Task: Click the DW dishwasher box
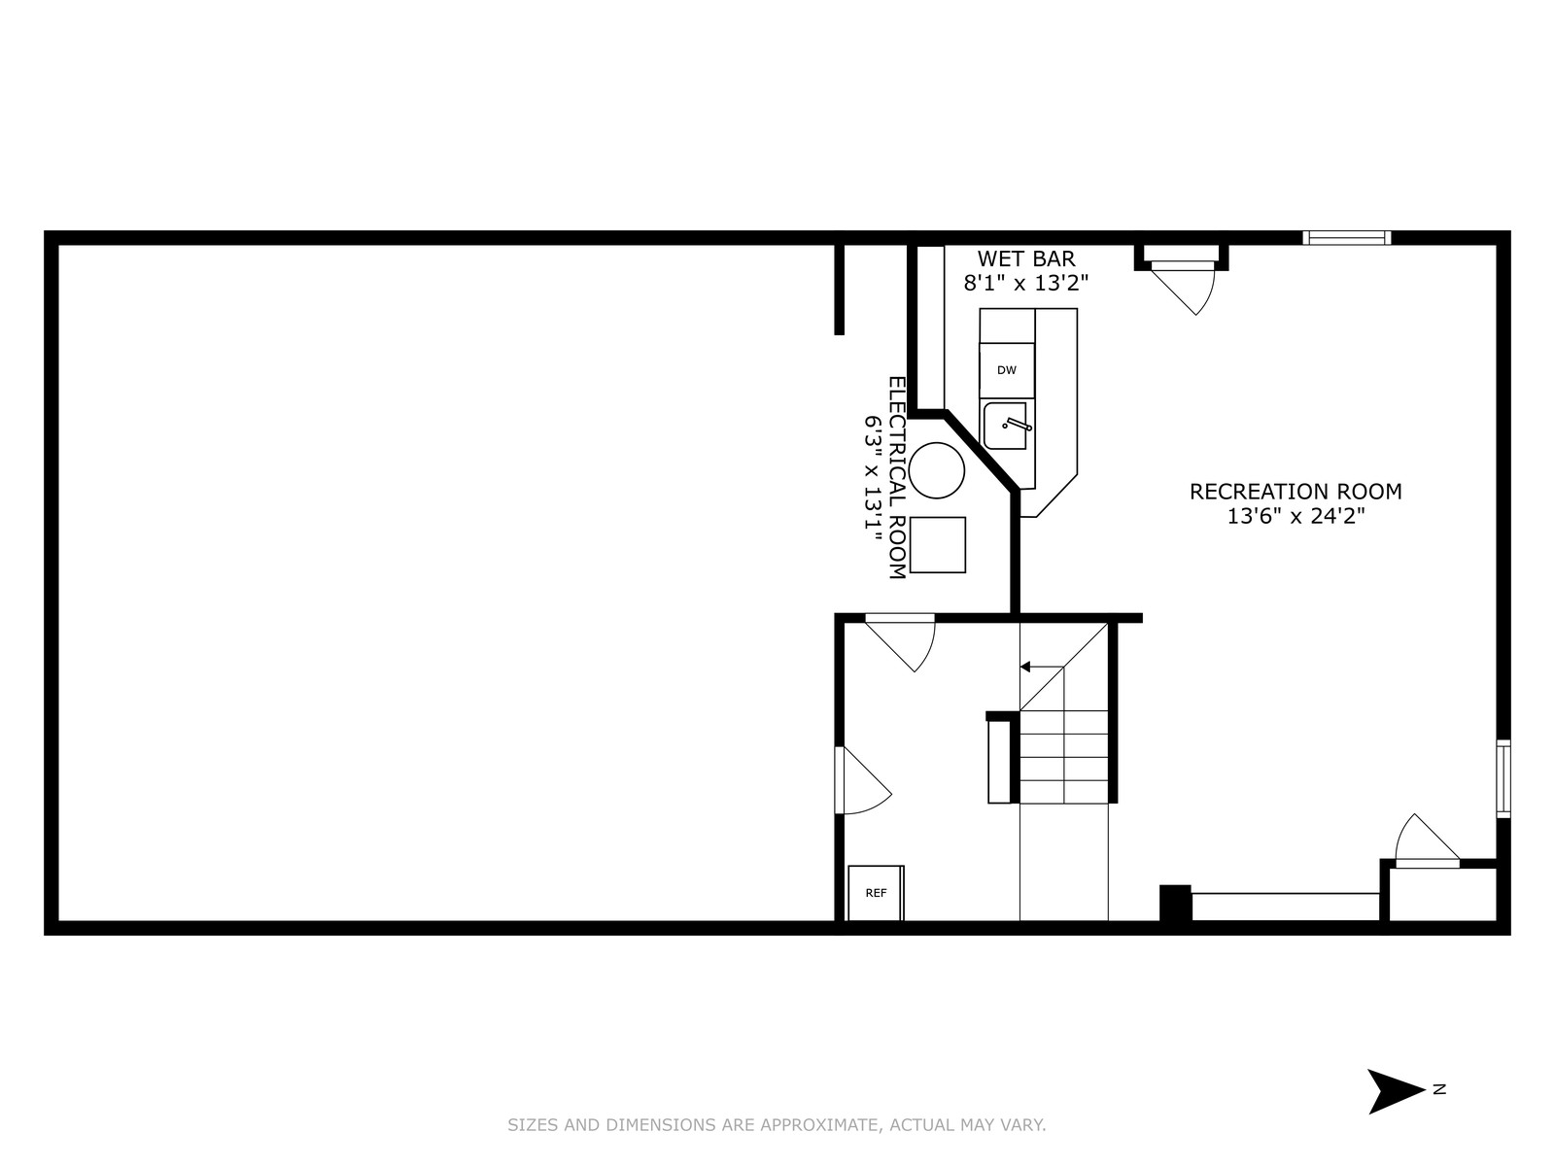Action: point(1007,370)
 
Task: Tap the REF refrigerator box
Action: point(876,893)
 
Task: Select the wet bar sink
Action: point(1005,426)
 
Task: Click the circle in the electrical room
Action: point(937,471)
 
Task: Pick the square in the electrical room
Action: point(937,544)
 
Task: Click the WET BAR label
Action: point(1025,258)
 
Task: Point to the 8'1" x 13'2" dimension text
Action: point(1025,283)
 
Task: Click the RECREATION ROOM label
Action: point(1296,492)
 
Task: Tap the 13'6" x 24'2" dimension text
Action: point(1296,516)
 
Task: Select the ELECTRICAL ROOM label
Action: point(897,478)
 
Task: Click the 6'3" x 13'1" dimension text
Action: point(872,479)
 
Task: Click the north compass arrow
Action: point(1396,1090)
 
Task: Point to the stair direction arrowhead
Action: point(1025,667)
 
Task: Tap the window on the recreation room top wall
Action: point(1347,238)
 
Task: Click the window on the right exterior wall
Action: point(1503,778)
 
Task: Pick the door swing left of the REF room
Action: point(863,780)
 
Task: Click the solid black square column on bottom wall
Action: point(1175,903)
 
